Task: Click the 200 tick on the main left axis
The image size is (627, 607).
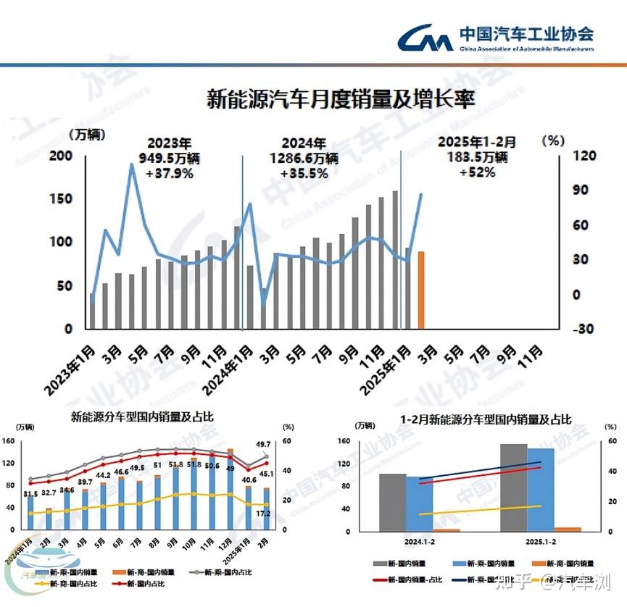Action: click(x=60, y=156)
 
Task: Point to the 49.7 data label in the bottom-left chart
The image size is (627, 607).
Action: click(x=263, y=445)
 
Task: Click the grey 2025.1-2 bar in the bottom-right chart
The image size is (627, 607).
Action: click(x=513, y=487)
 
